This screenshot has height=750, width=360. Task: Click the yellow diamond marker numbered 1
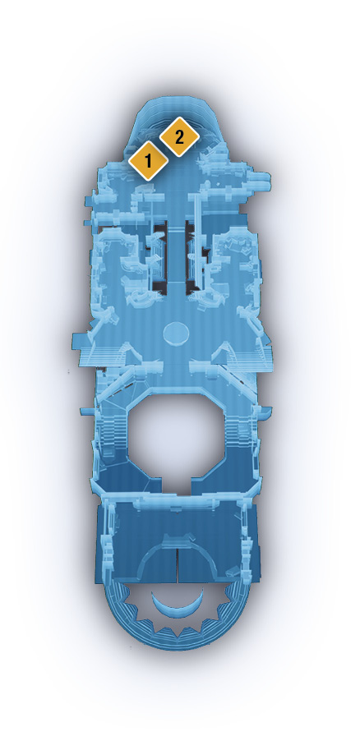tap(148, 161)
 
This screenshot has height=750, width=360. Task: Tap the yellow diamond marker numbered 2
tap(179, 137)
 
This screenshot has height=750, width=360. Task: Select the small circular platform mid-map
tap(176, 333)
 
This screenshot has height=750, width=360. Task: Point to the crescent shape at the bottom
tap(178, 605)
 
